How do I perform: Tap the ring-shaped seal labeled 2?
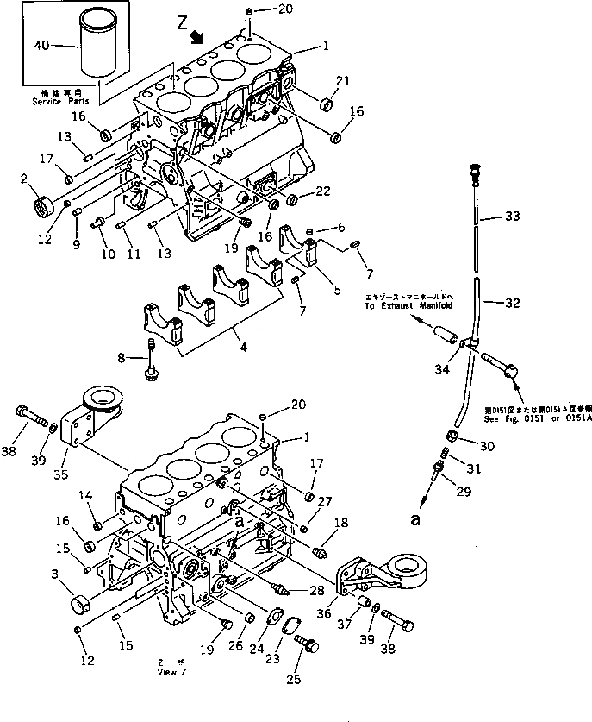pos(41,208)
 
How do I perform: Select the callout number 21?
pos(343,81)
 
